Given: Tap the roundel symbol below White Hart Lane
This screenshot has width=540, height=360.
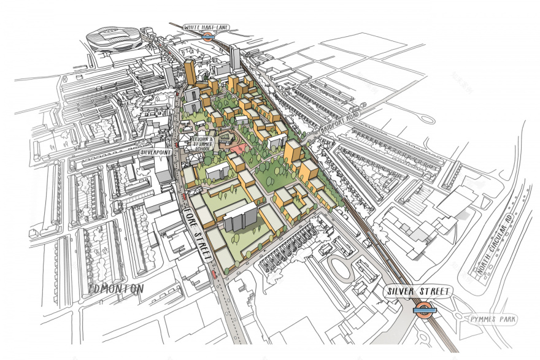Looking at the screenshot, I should pyautogui.click(x=208, y=36).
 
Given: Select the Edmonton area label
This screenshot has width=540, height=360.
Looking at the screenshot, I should pyautogui.click(x=116, y=288).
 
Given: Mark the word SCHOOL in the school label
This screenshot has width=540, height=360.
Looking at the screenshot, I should pyautogui.click(x=202, y=148).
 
